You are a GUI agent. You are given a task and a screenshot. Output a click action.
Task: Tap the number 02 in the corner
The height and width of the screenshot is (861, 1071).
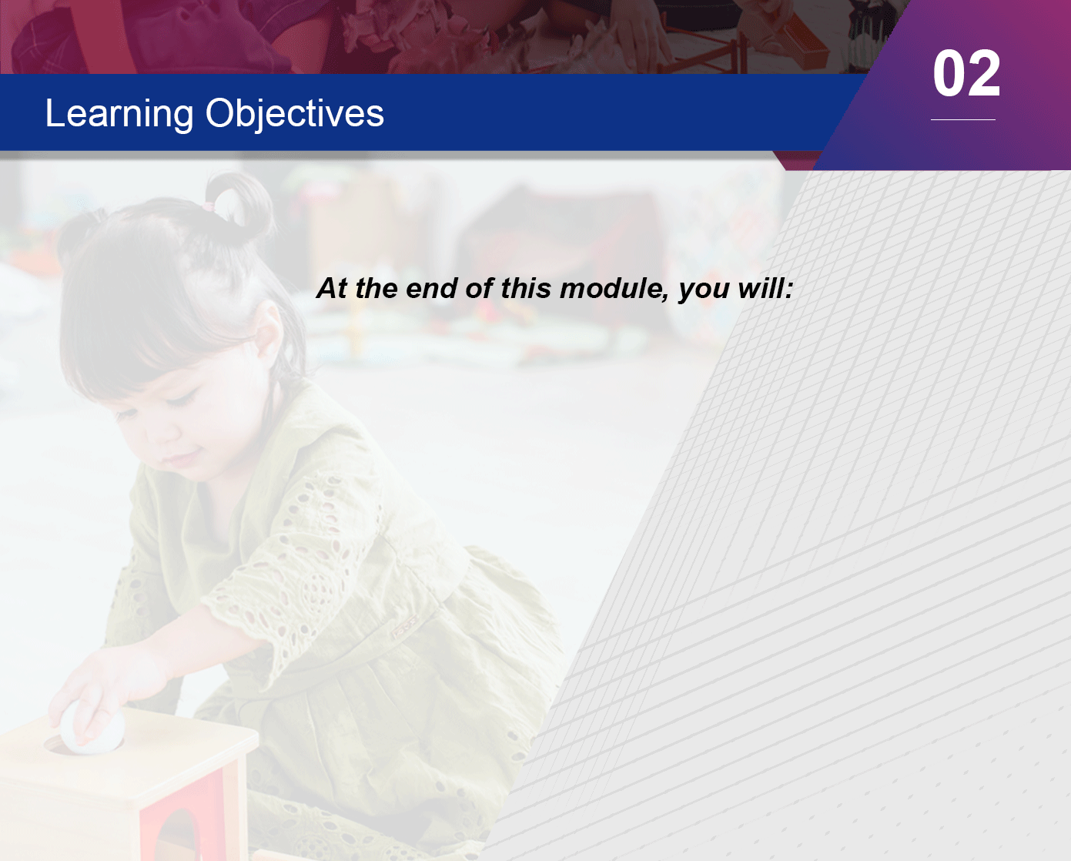pyautogui.click(x=966, y=73)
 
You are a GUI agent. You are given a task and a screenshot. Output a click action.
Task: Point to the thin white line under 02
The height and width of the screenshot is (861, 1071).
pyautogui.click(x=963, y=119)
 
